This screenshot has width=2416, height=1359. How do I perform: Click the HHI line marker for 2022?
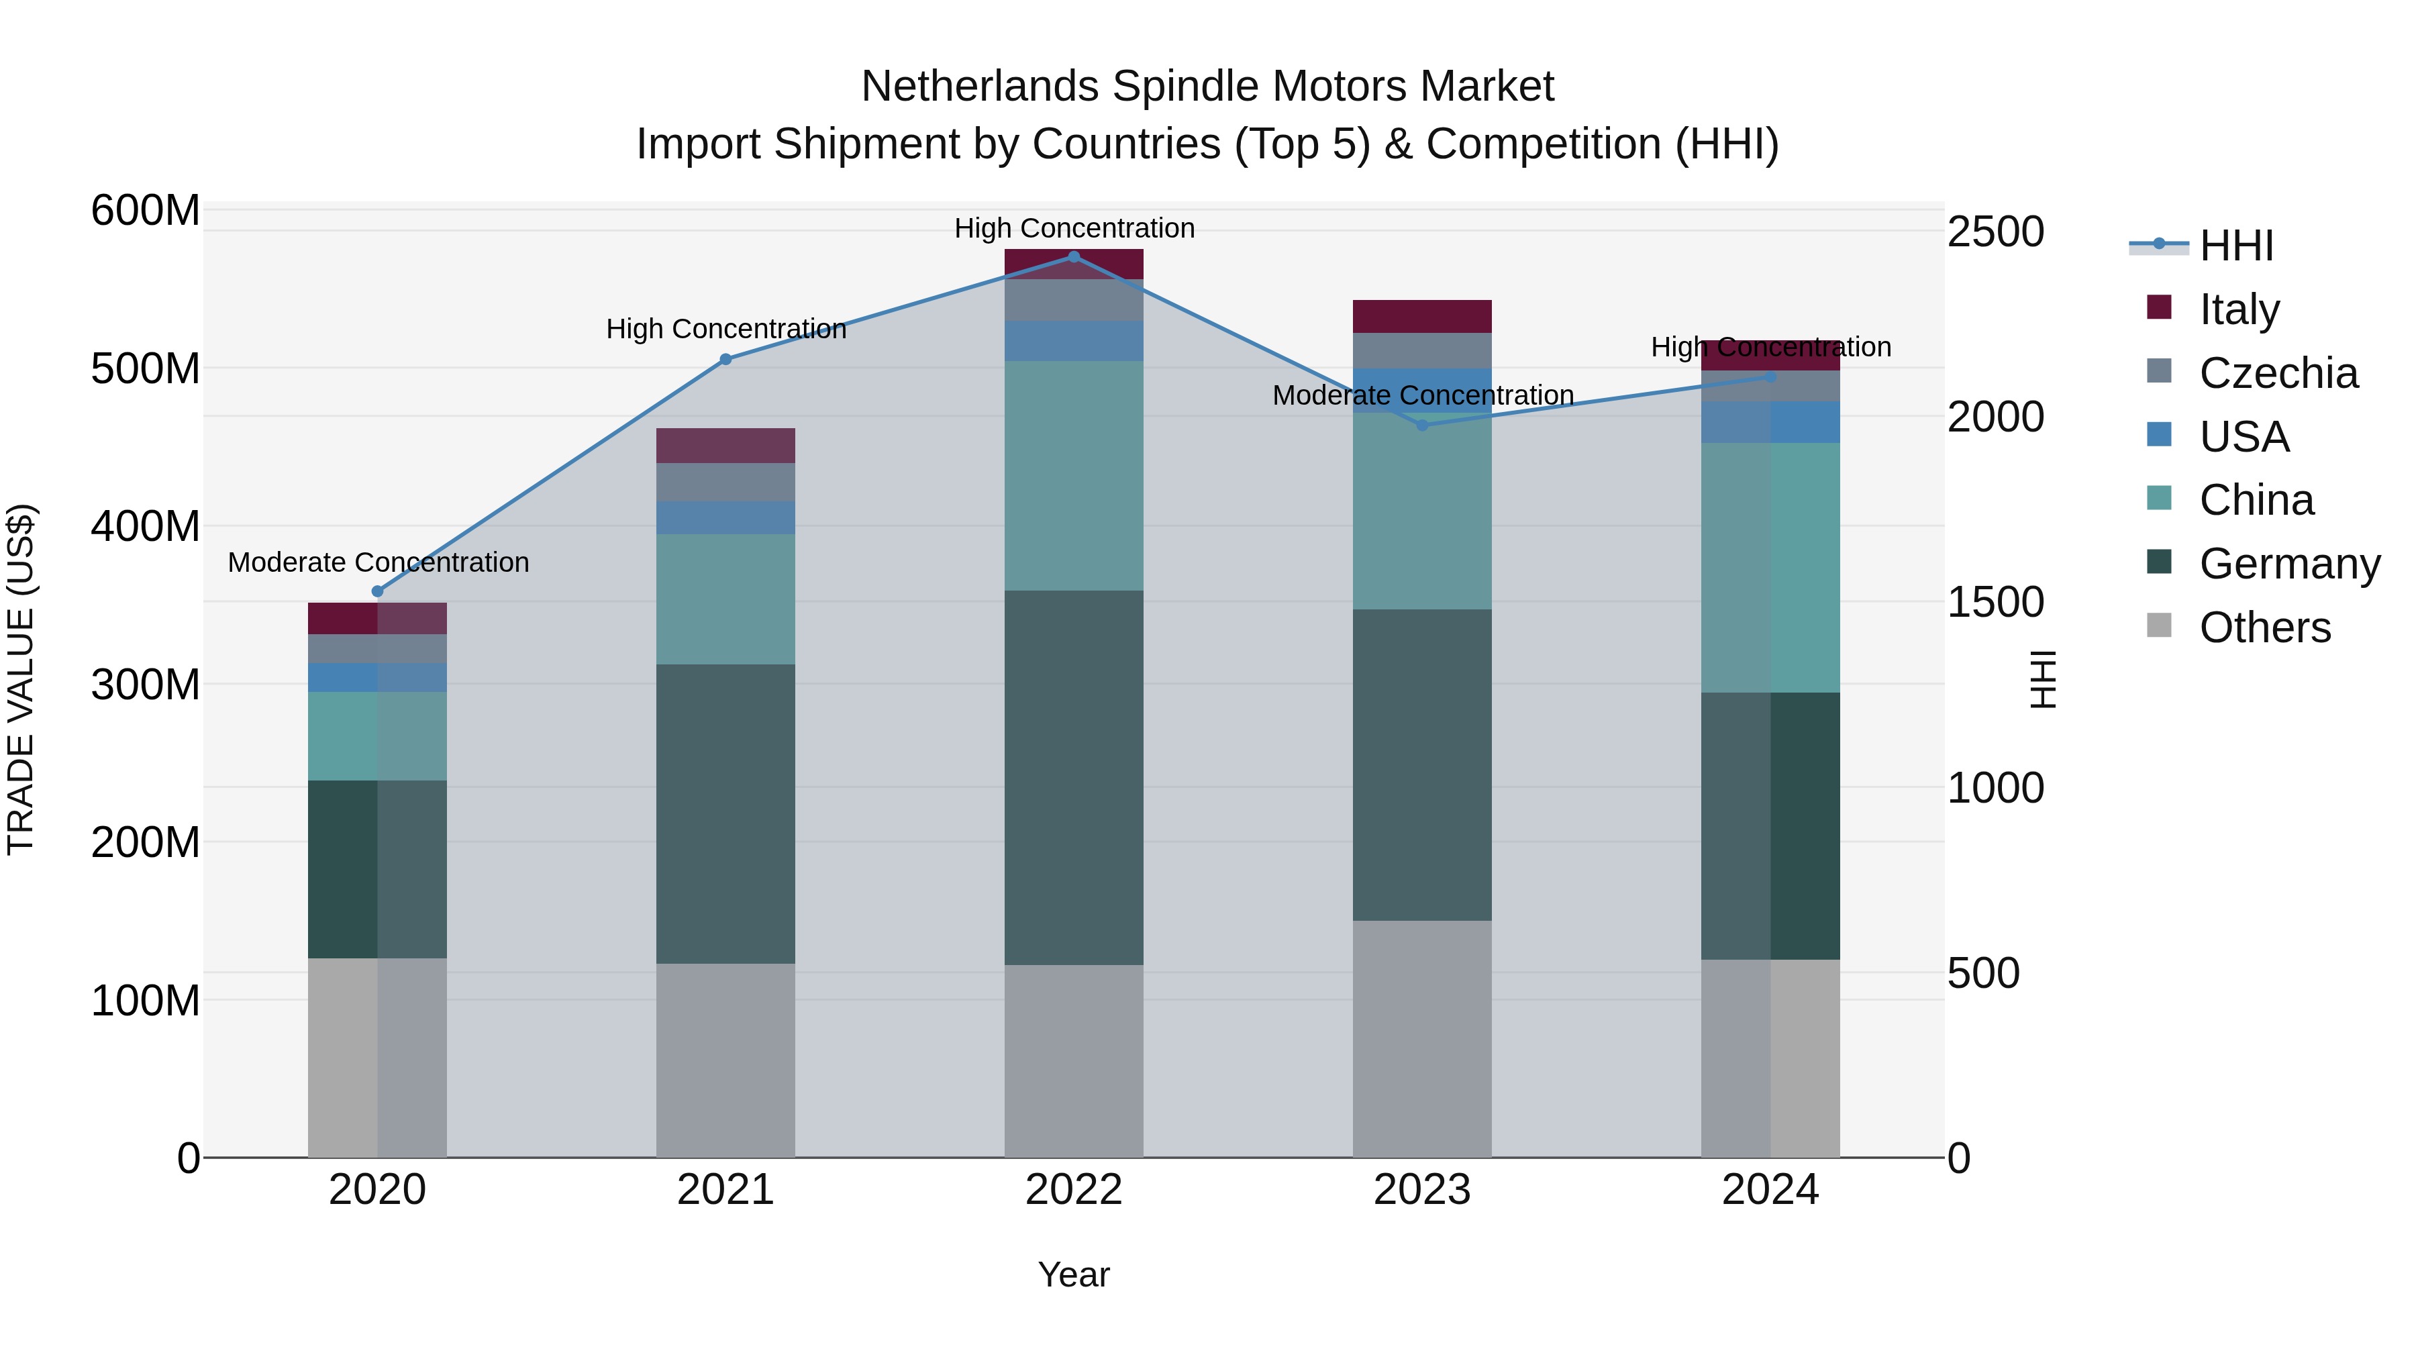(1074, 256)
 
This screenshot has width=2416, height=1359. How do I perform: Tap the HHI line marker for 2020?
(378, 591)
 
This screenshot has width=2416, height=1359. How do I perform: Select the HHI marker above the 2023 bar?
(1422, 425)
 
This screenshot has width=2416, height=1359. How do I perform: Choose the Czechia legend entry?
(2277, 372)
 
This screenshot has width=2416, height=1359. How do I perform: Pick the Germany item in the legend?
(2288, 564)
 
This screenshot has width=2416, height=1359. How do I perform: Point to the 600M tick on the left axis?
(146, 210)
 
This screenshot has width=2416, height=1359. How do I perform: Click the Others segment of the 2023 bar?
(1422, 1038)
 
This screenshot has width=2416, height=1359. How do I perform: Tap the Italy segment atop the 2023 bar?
(1422, 316)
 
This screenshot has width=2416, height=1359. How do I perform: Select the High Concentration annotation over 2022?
(1074, 228)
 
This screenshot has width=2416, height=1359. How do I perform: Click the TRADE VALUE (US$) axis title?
(21, 679)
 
